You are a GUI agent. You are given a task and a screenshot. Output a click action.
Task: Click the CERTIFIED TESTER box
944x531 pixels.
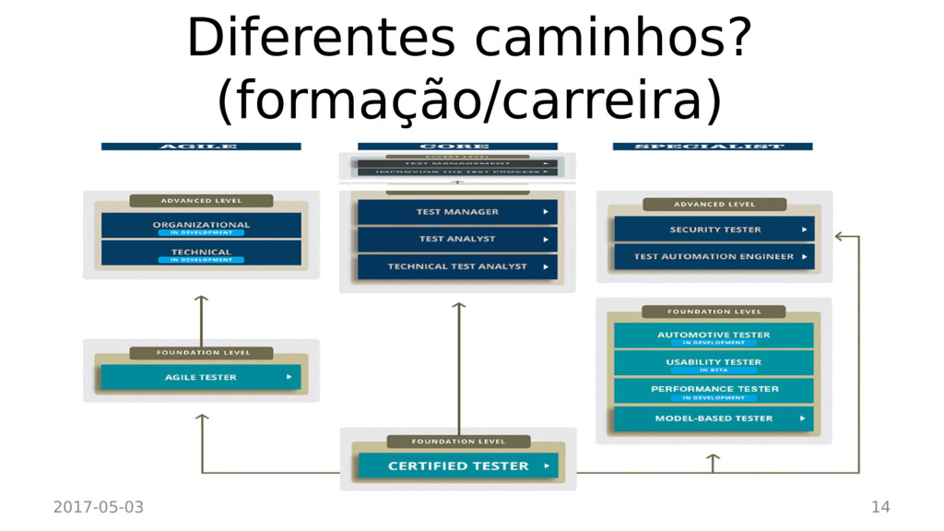pos(458,466)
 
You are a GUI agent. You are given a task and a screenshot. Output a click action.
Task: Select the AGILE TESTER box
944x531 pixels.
pos(201,377)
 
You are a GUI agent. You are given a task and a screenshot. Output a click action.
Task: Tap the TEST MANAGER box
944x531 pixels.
pos(458,212)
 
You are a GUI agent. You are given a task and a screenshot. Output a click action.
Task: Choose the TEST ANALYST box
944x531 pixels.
pos(458,239)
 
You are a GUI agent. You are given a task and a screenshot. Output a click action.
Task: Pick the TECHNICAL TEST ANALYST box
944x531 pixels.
pos(458,266)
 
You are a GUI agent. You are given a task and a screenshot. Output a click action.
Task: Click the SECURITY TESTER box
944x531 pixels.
pos(714,230)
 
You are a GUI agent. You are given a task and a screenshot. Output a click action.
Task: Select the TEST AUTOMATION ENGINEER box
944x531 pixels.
pos(714,256)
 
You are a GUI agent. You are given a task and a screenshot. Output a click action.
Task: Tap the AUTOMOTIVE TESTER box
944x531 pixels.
pos(714,336)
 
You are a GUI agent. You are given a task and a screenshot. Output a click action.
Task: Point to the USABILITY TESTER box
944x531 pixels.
pos(714,363)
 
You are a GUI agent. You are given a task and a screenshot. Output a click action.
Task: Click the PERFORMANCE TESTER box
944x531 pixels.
pos(714,390)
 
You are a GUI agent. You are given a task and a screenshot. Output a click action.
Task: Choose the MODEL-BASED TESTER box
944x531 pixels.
pos(714,419)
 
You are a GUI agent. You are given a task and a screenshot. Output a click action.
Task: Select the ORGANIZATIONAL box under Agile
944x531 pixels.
pos(201,226)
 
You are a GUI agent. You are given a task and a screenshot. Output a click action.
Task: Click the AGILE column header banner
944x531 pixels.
pos(201,147)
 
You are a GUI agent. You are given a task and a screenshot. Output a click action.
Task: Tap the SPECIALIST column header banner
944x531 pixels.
pos(713,147)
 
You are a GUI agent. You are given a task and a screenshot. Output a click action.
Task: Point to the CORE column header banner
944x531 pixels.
pos(457,147)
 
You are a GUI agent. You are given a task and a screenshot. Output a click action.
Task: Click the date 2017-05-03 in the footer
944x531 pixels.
pos(99,507)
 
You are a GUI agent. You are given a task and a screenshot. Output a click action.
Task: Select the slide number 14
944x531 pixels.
pos(880,507)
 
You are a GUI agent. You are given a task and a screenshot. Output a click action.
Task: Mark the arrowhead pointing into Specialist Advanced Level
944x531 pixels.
pos(839,237)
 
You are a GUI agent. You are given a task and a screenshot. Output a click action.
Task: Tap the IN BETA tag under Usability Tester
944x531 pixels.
pos(714,371)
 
